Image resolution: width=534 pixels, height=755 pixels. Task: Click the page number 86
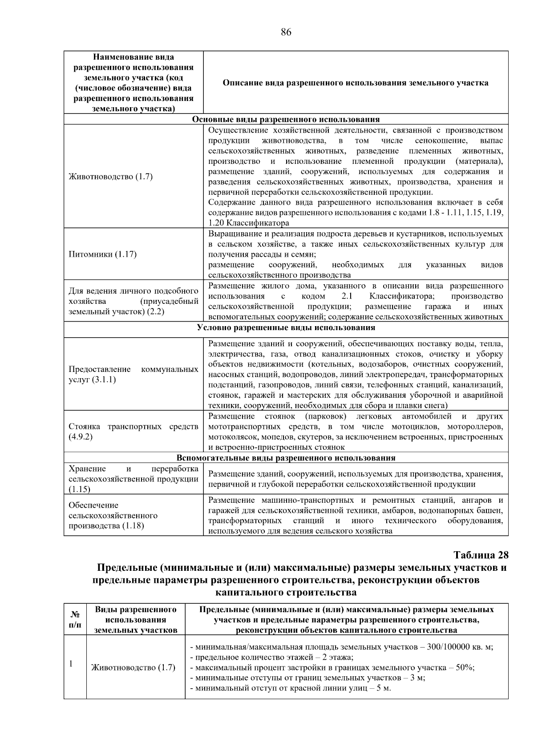pos(286,32)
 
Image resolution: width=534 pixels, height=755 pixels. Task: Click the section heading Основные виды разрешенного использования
pos(286,119)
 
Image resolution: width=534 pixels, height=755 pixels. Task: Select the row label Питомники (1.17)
pos(103,254)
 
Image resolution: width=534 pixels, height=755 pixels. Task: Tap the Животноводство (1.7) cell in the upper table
pos(111,177)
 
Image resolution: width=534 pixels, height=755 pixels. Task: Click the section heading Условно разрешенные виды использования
pos(286,328)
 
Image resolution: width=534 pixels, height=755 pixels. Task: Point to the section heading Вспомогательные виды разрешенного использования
pos(286,458)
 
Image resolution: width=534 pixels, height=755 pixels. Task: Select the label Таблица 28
pos(481,555)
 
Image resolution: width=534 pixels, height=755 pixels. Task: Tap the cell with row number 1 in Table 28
pos(71,664)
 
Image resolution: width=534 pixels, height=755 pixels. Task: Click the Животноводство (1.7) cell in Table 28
pos(133,667)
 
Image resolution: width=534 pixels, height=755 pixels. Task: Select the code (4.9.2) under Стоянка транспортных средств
pos(81,437)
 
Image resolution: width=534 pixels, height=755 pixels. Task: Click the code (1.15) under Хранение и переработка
pos(80,489)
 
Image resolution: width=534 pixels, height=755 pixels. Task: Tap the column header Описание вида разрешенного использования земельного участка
pos(355,83)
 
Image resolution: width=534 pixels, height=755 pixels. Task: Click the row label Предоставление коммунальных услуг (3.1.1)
pos(133,375)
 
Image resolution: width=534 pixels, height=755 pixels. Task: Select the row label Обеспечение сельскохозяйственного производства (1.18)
pos(113,516)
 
